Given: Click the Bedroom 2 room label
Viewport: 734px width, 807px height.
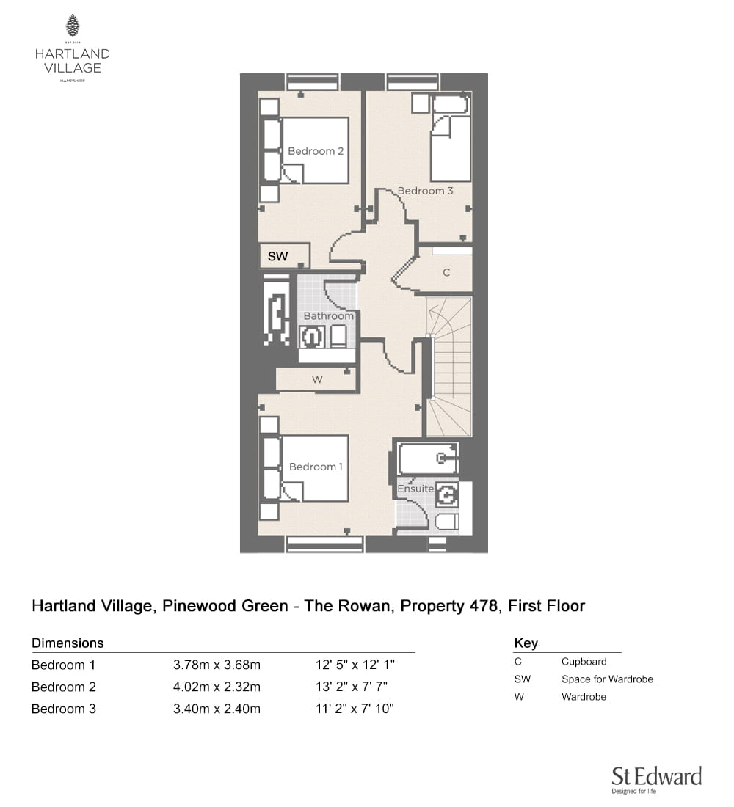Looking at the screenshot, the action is (x=315, y=151).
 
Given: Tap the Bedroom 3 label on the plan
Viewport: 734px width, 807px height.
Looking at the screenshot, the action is (x=425, y=191).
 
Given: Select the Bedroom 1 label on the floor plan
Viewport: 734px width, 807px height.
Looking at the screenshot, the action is (x=315, y=467).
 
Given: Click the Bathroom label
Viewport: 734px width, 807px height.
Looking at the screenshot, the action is (x=329, y=315).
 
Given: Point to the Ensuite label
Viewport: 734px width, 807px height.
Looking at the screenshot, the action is (x=415, y=489).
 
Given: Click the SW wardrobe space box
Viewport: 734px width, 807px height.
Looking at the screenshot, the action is (x=284, y=256).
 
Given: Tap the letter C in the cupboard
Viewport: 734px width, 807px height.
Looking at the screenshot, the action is (x=446, y=272).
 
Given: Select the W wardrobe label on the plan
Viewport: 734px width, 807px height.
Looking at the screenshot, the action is (x=317, y=380).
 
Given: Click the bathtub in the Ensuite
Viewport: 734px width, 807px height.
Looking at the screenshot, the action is (x=428, y=458).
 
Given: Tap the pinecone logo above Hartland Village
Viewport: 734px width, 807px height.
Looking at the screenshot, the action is (x=73, y=26).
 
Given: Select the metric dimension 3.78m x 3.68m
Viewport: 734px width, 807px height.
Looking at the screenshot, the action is (x=217, y=665).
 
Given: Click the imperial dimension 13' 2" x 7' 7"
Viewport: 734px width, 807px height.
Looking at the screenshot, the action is (x=352, y=687).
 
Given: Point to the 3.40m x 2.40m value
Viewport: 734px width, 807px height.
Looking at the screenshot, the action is (x=217, y=709).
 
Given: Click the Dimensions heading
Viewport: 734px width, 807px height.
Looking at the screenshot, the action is (x=68, y=643).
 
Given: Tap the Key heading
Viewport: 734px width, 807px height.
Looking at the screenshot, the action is (x=526, y=643).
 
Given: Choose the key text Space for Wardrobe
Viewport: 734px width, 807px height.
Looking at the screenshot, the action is (x=607, y=679).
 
